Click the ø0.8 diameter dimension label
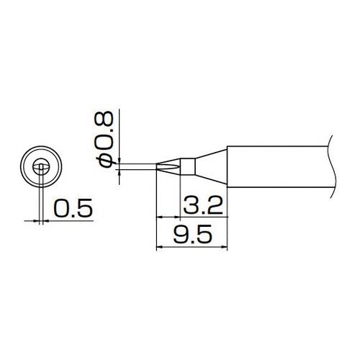[104, 139]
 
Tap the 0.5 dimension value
[73, 208]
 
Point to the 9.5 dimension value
[193, 233]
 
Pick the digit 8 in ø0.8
[104, 119]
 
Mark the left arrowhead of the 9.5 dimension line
[159, 246]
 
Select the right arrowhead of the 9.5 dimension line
[224, 246]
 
